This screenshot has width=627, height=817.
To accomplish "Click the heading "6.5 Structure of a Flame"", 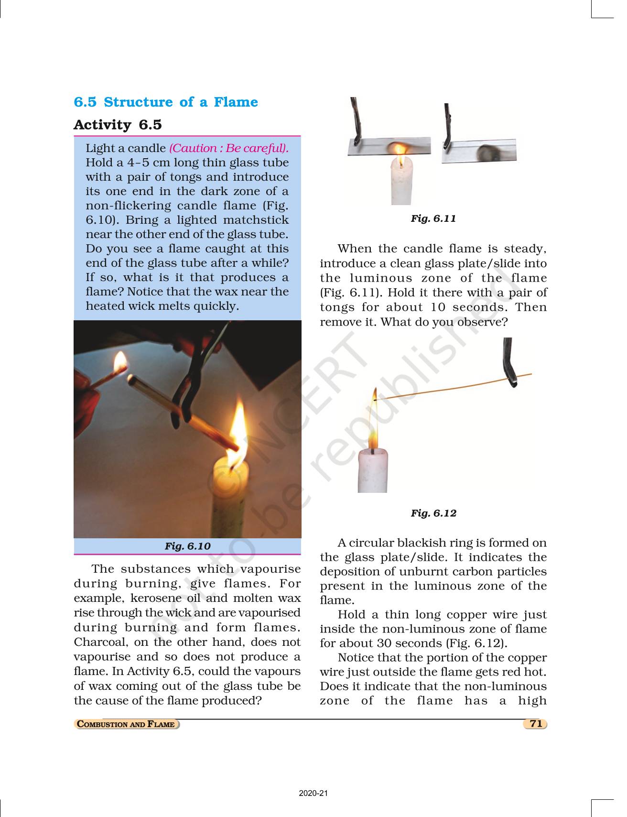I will (165, 102).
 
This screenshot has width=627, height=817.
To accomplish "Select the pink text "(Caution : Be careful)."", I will (228, 148).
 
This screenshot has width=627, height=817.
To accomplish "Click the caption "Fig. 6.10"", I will (187, 546).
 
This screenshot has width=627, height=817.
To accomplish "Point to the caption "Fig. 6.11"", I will (433, 218).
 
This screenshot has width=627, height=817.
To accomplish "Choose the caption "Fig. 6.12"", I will (433, 513).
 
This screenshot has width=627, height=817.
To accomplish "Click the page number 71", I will (536, 724).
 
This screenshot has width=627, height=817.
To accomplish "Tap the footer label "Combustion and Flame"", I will (127, 724).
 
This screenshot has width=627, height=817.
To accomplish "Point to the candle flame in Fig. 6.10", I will (238, 430).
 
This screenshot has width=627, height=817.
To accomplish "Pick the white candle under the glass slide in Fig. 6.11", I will (402, 184).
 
